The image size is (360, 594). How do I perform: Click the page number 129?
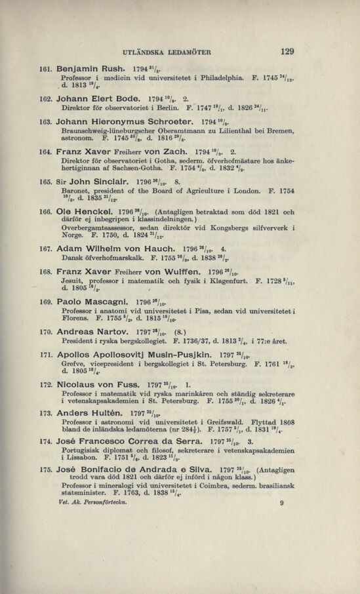[x=286, y=51]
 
